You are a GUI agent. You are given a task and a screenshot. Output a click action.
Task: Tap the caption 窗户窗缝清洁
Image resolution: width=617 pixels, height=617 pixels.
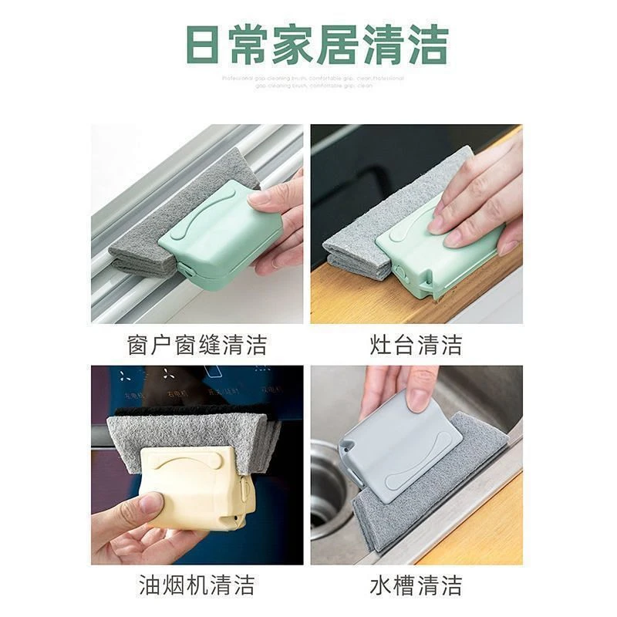pos(197,344)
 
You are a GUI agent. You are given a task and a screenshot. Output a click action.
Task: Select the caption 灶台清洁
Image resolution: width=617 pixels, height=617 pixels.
pos(417,344)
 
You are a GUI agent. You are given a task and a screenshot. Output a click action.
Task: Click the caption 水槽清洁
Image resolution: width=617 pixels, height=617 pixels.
pos(417,584)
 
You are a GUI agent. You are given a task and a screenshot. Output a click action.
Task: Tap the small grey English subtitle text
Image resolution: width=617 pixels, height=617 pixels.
pos(312,82)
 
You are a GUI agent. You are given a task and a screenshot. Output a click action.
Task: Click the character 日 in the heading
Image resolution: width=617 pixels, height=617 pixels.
pos(203,44)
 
